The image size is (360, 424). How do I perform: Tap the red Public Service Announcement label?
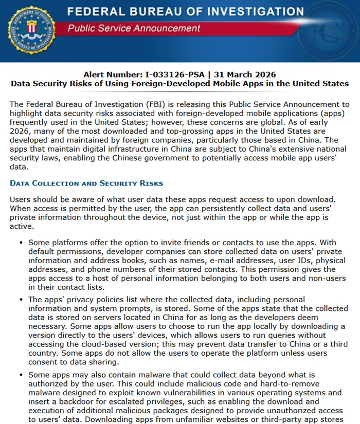point(134,28)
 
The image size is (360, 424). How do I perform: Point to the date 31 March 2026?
point(246,75)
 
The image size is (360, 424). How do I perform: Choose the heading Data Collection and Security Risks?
point(86,183)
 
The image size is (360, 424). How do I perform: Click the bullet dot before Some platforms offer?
point(20,242)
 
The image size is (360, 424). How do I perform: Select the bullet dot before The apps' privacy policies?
point(20,300)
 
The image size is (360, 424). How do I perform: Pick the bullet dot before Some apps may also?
point(20,376)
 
